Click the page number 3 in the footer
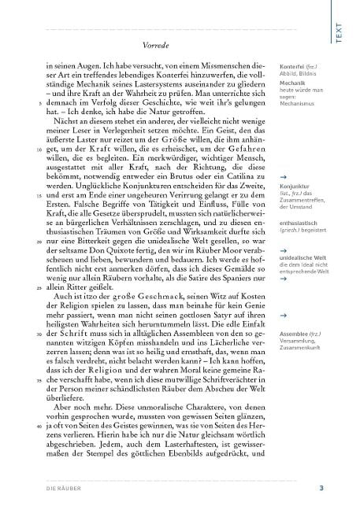click(x=343, y=489)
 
